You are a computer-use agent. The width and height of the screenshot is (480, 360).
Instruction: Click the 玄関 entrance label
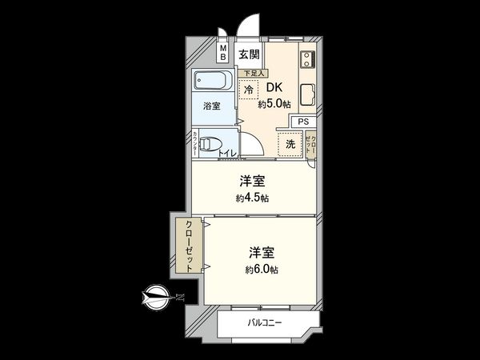[249, 55]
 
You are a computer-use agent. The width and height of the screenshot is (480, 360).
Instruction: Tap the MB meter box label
[224, 55]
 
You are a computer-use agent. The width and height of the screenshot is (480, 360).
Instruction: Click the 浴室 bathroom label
[211, 105]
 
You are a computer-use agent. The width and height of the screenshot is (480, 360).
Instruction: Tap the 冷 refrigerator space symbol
[250, 90]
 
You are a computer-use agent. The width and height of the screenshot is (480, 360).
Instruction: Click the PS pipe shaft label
[303, 121]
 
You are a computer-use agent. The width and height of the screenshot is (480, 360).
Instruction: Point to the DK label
[274, 88]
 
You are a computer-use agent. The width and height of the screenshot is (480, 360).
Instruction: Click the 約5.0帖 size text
[274, 103]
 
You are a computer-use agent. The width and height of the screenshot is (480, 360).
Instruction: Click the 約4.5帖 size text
[253, 197]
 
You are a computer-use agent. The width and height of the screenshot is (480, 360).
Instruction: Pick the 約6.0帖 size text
[262, 270]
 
